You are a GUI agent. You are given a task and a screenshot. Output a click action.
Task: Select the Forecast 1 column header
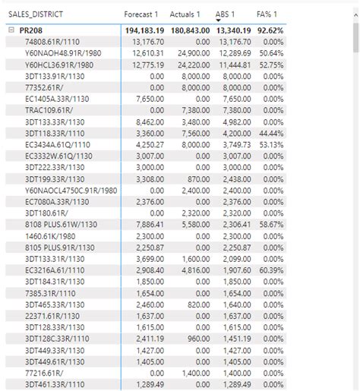141,14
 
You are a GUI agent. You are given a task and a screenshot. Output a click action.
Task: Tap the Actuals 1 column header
185,14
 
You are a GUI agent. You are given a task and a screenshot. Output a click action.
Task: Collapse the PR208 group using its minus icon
11,30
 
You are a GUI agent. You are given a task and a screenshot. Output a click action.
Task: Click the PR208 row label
31,30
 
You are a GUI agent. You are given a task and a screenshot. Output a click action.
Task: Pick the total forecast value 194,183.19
142,30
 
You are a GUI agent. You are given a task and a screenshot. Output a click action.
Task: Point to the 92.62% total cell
270,30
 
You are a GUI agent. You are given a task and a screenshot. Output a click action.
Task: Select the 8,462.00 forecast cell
146,121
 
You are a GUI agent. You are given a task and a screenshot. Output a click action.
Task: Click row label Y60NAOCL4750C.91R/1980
71,190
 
